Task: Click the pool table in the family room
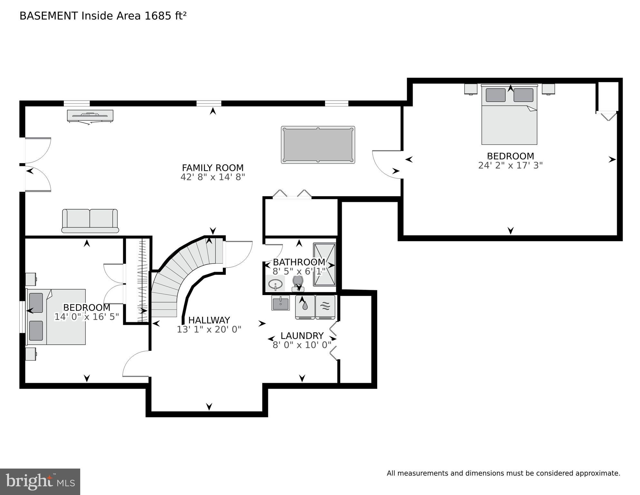click(318, 144)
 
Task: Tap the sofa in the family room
click(90, 221)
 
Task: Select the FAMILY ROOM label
click(213, 168)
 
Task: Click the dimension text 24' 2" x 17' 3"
click(510, 165)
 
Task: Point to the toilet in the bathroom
click(298, 282)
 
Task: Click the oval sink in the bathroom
click(275, 284)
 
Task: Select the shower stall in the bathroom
click(325, 264)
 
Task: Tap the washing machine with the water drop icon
click(305, 307)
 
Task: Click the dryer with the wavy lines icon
click(325, 307)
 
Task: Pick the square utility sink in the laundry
click(280, 303)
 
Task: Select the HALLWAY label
click(209, 320)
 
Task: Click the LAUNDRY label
click(302, 336)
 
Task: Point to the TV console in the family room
click(90, 116)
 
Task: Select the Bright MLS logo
click(40, 481)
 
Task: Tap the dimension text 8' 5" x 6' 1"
click(299, 272)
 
